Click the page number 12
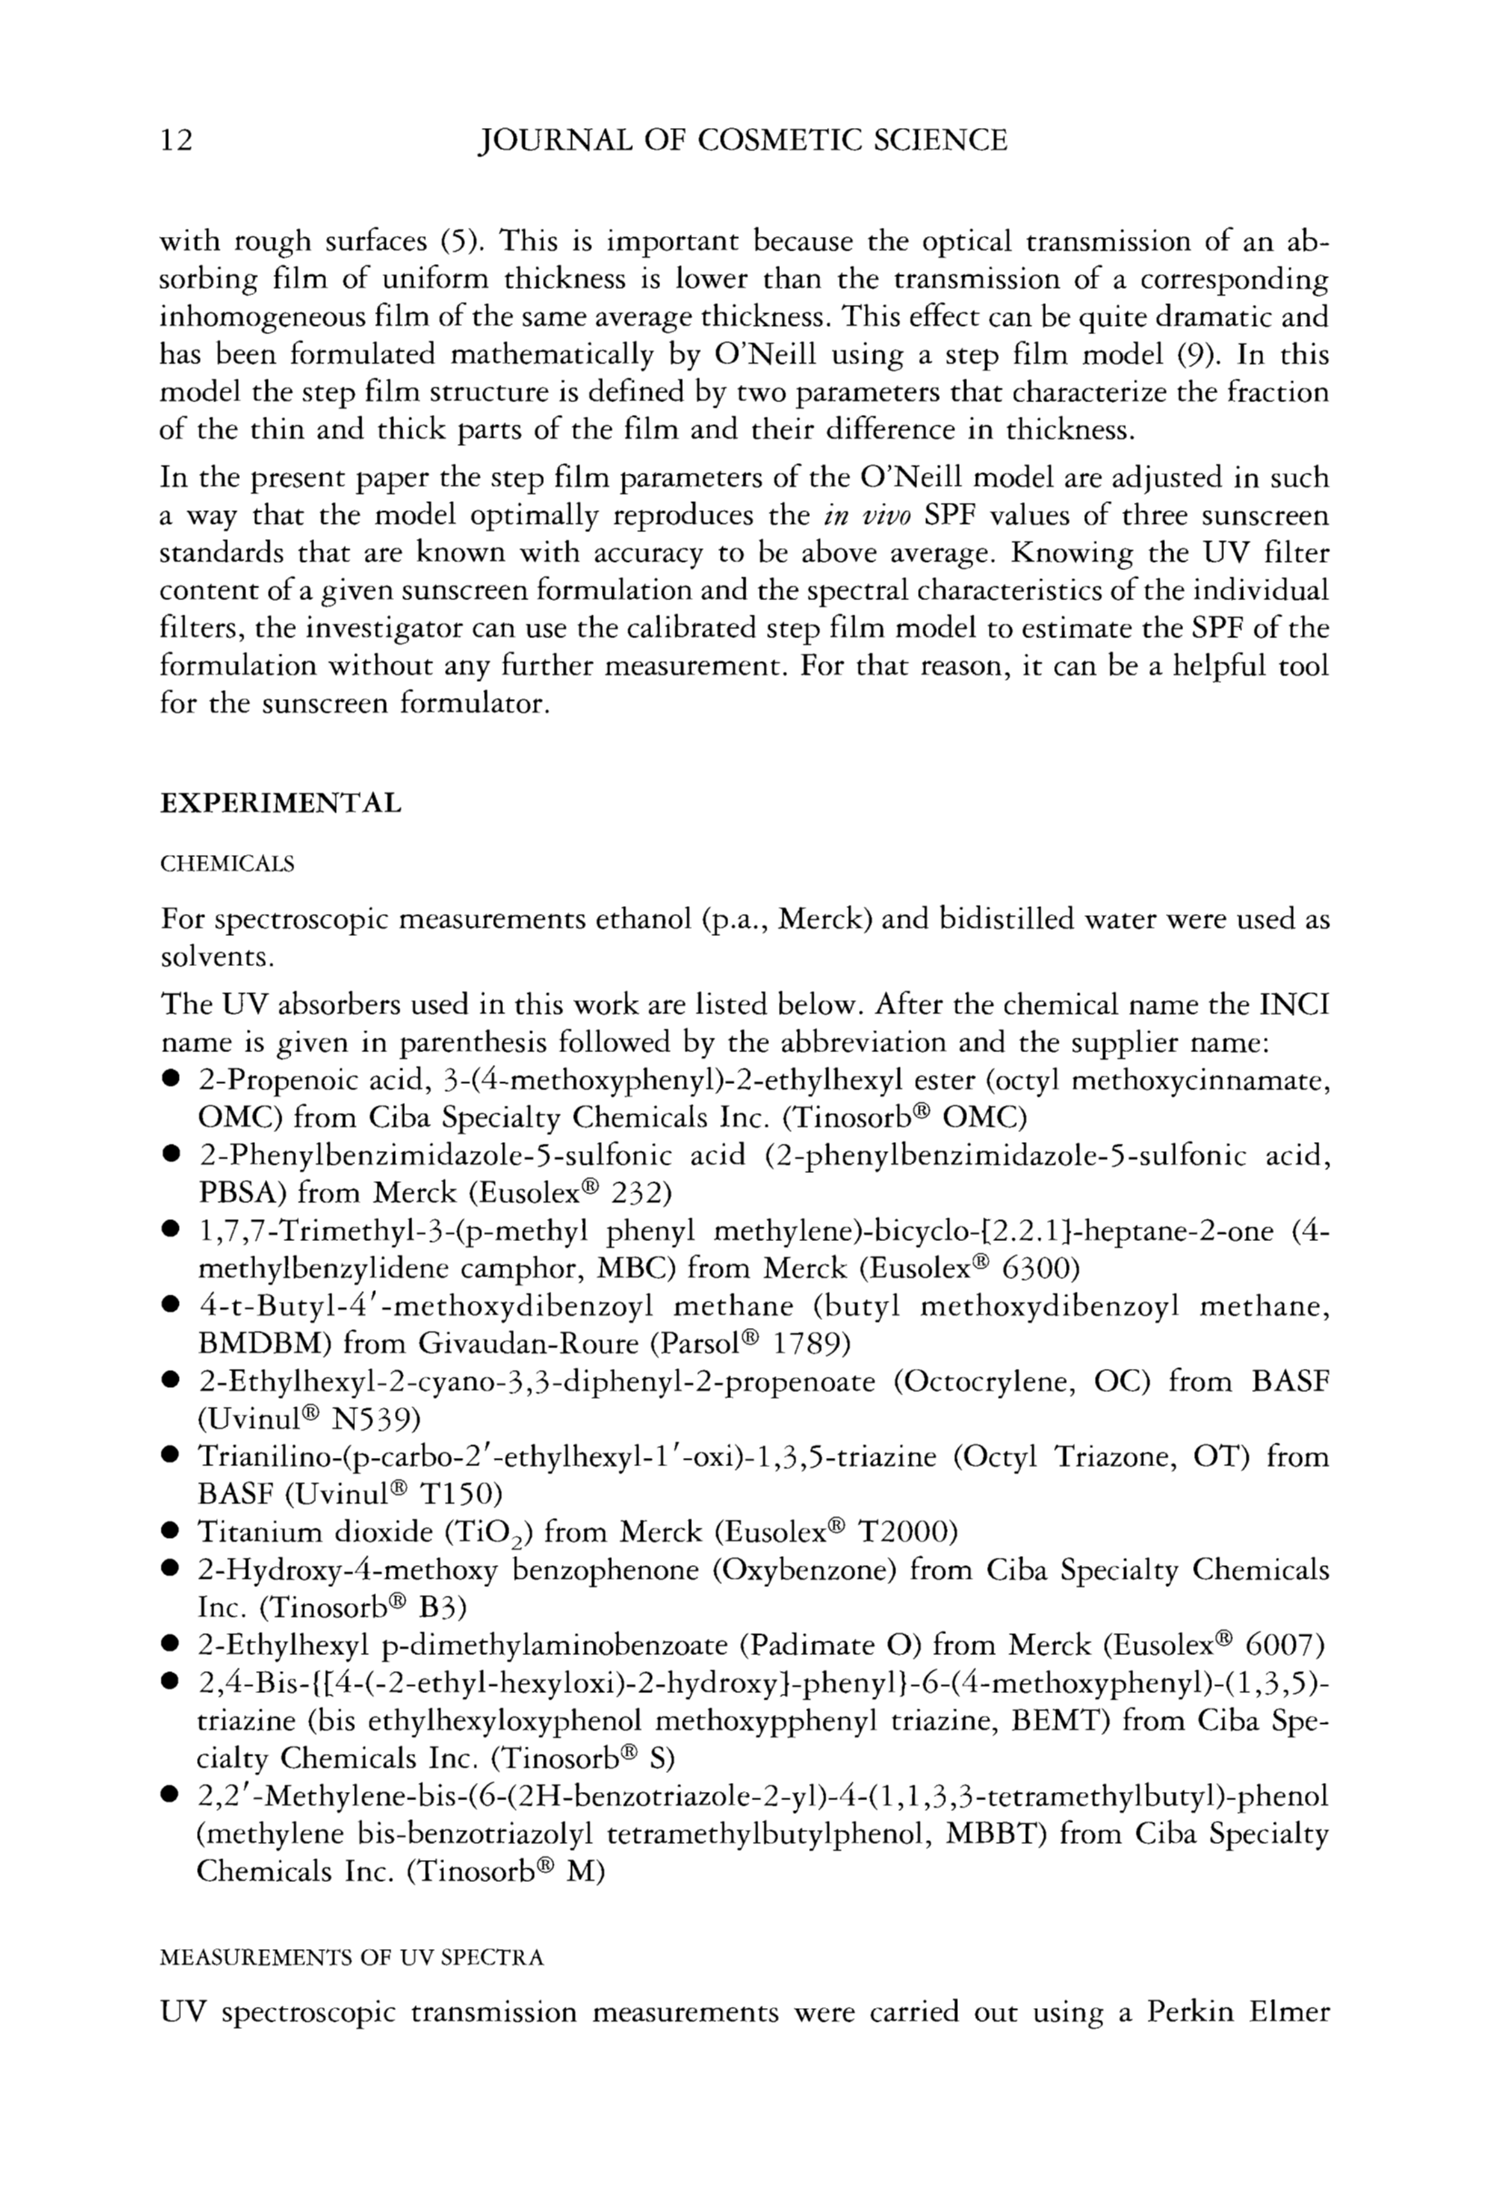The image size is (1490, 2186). click(177, 140)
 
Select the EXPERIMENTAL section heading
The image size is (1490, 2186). click(281, 803)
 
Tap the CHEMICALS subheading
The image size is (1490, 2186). click(228, 863)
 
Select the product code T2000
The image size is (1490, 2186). click(903, 1531)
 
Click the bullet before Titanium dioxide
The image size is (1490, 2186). click(172, 1533)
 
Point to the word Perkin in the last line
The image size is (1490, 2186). click(1187, 2012)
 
